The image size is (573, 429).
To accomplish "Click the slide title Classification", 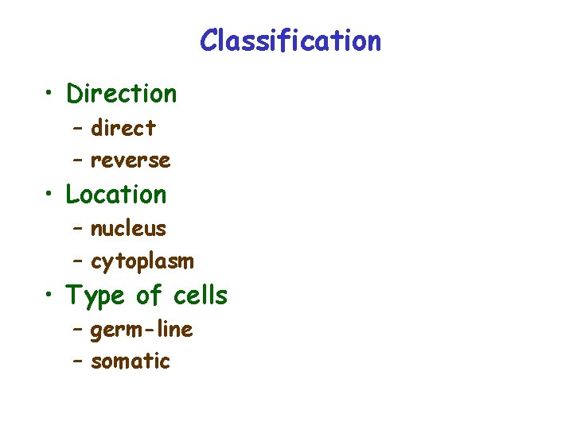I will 290,40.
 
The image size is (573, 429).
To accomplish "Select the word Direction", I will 121,94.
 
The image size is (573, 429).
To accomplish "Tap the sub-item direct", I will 123,127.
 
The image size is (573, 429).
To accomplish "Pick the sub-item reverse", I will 131,160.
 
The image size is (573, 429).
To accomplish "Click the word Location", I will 116,194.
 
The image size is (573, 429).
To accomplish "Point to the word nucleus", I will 128,229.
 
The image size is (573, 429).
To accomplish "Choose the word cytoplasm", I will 142,261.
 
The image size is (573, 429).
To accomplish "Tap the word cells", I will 201,296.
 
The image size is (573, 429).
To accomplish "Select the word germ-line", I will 142,329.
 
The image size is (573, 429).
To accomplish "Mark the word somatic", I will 131,361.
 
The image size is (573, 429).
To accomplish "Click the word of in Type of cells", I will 149,296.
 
